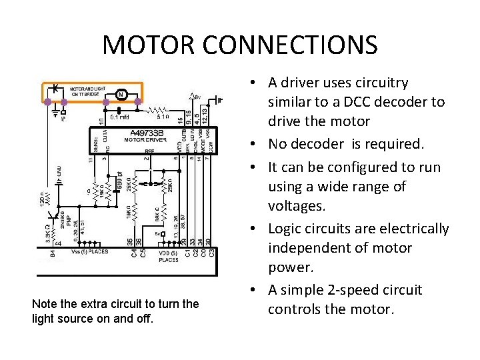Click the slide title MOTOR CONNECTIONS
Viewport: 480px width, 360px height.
pyautogui.click(x=240, y=45)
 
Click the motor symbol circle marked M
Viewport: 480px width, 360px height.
pyautogui.click(x=121, y=94)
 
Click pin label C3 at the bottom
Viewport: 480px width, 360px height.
pyautogui.click(x=212, y=253)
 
